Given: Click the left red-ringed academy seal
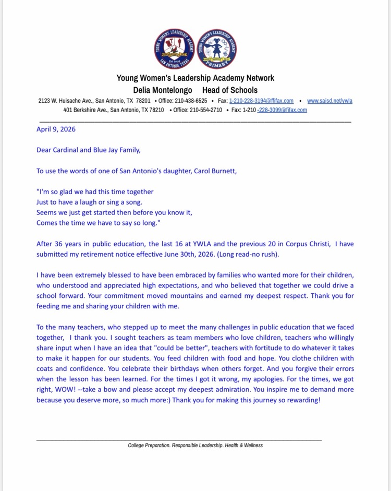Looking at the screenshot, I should click(175, 50).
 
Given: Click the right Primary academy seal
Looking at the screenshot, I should click(218, 50).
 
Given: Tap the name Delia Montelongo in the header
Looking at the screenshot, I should click(163, 90).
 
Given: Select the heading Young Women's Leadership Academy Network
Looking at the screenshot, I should click(195, 78).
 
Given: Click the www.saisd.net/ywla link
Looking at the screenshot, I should click(329, 101).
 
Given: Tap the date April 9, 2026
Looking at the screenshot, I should click(56, 129).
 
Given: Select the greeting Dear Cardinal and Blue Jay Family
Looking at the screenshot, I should click(88, 150).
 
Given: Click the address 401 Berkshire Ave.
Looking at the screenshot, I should click(85, 110).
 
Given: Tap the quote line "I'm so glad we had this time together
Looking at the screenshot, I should click(95, 191).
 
